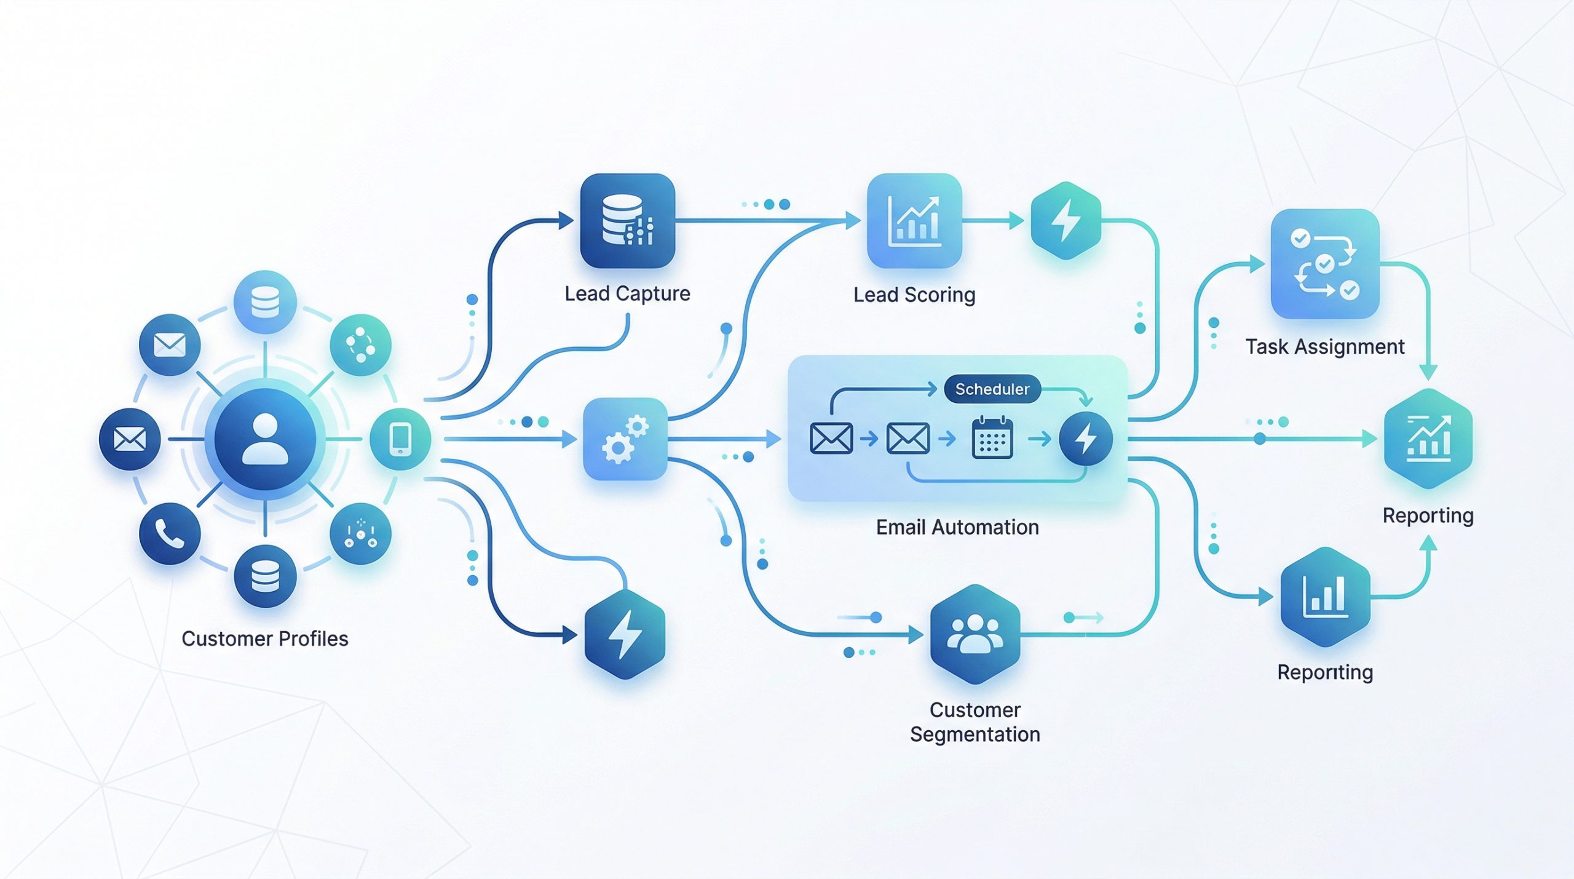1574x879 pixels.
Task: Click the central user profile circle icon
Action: click(265, 439)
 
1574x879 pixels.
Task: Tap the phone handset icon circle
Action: click(170, 533)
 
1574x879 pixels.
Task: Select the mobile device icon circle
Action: click(400, 439)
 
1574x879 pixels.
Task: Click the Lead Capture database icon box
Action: click(627, 221)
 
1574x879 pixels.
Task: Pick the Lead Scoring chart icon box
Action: click(914, 221)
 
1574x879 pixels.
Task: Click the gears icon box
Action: click(625, 439)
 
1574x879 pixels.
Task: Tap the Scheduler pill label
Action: click(992, 389)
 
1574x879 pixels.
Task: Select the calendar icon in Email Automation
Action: click(992, 438)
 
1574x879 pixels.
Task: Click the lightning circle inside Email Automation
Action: click(1085, 439)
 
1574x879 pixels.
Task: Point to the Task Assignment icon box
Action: click(1325, 264)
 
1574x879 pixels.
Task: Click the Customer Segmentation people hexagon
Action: click(975, 634)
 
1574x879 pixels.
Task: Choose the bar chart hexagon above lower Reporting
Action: click(1325, 597)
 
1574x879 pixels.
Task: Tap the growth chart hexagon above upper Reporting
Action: click(1428, 439)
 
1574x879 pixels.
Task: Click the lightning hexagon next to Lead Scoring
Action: click(1066, 221)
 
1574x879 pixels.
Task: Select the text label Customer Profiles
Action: click(265, 638)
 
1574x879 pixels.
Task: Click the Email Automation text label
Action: click(957, 527)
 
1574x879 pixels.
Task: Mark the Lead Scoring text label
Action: click(914, 295)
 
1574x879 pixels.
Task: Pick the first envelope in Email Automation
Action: click(831, 439)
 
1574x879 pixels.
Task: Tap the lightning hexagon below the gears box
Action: click(625, 634)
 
